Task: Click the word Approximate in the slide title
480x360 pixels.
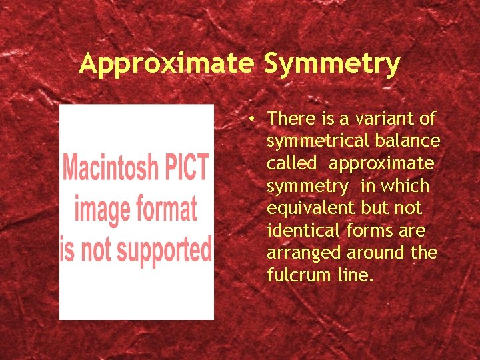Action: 167,65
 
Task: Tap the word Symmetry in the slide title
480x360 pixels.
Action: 332,65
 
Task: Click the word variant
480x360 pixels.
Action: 390,119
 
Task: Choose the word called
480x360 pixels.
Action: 291,164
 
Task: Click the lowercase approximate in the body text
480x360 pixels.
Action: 381,164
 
